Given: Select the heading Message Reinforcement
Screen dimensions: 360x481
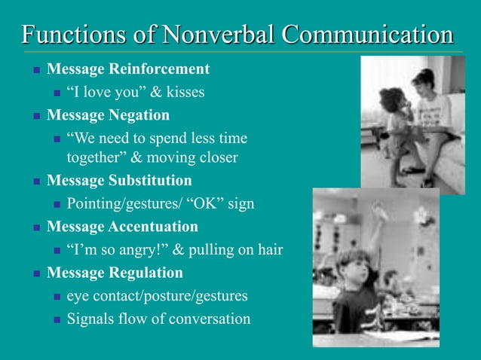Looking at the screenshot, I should [x=128, y=69].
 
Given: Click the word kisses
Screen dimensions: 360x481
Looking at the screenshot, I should [x=184, y=93].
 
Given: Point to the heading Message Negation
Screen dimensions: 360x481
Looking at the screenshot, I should [x=108, y=115].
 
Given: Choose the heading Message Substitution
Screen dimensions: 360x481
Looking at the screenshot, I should [x=119, y=181].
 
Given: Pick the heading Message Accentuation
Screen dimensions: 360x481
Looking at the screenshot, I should [x=122, y=227].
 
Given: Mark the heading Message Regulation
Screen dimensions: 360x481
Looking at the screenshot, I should [x=115, y=273].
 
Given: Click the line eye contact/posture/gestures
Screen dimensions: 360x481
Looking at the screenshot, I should [x=157, y=296].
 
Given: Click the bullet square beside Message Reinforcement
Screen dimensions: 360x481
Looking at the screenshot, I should [x=35, y=70].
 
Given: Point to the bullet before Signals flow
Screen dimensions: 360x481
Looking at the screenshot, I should [x=56, y=319].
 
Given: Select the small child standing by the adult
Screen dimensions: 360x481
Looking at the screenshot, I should [x=396, y=128].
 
